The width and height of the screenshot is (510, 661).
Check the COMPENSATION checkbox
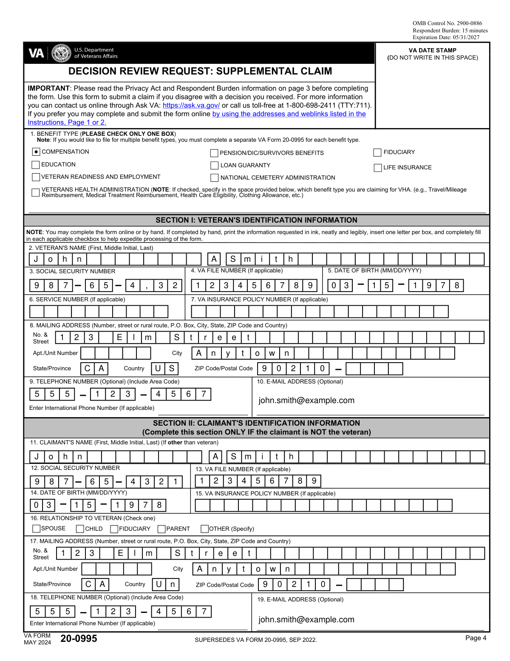[x=36, y=152]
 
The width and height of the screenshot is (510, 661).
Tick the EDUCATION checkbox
[x=36, y=165]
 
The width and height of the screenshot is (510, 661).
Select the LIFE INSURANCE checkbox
[x=377, y=168]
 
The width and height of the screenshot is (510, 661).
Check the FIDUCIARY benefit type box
[x=377, y=152]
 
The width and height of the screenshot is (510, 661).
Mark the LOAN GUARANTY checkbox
[x=214, y=166]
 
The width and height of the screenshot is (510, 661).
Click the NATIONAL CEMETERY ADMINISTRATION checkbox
[x=214, y=178]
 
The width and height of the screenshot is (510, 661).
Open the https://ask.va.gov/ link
[x=191, y=106]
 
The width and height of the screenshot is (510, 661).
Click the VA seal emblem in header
[x=61, y=53]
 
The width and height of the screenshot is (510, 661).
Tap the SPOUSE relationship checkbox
[x=37, y=529]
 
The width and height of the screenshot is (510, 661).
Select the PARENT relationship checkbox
[x=161, y=529]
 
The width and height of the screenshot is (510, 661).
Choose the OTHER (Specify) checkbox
[x=204, y=529]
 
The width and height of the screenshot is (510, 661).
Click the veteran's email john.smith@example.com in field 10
[x=306, y=401]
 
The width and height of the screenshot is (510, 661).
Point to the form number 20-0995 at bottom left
[x=79, y=638]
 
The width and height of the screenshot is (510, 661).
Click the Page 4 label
[x=476, y=638]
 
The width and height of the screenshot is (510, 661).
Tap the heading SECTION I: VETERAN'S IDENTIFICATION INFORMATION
[x=256, y=220]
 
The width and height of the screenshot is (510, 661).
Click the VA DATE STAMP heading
[x=432, y=50]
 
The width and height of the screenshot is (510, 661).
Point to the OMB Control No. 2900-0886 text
[x=447, y=23]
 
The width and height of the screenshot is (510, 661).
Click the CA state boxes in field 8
[x=94, y=369]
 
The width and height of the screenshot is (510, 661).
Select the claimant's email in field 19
[x=306, y=620]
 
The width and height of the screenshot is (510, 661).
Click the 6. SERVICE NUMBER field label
[x=77, y=300]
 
